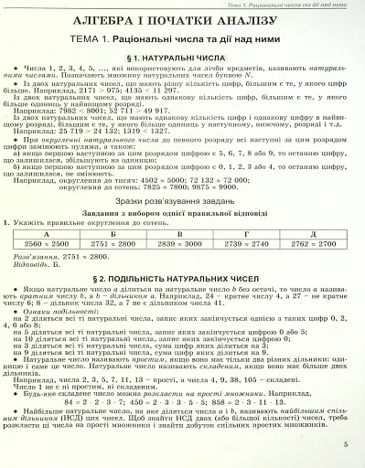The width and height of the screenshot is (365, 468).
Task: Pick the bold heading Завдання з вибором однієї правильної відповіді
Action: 183,215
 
